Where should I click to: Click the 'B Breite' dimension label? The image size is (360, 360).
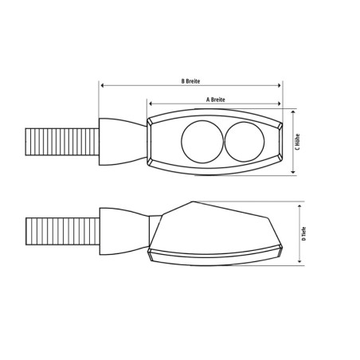click(x=190, y=80)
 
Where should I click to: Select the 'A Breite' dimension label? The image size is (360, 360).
click(x=213, y=100)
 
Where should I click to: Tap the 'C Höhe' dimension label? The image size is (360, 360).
click(x=296, y=141)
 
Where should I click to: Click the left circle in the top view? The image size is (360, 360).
click(x=197, y=141)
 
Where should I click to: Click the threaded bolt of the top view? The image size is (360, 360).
click(x=62, y=140)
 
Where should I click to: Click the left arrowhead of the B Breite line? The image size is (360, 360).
click(x=102, y=85)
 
